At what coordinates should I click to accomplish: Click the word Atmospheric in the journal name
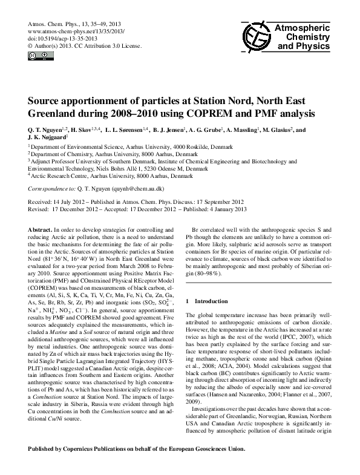coord(303,28)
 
